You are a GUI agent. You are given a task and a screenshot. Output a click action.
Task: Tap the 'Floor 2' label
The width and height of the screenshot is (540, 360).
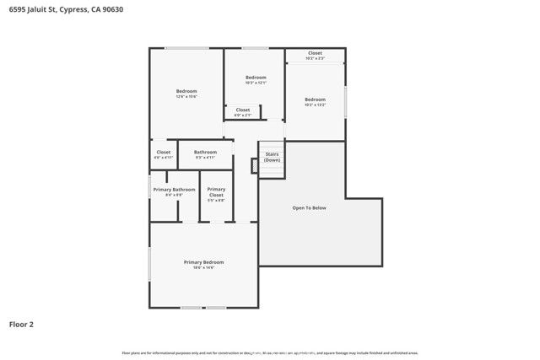(22, 324)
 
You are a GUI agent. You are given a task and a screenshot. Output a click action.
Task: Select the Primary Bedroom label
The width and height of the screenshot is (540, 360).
(203, 262)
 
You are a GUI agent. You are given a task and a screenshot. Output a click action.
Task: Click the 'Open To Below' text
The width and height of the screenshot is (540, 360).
(309, 207)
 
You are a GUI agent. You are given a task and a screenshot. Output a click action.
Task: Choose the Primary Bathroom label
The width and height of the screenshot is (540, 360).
(174, 190)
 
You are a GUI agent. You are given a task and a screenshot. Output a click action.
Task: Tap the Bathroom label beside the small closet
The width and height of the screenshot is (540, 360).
(205, 152)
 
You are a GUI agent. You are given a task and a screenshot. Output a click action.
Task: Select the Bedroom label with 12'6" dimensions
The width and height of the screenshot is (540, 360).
(186, 91)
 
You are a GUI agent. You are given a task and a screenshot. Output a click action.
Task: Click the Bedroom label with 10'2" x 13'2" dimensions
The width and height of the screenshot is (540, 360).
(315, 99)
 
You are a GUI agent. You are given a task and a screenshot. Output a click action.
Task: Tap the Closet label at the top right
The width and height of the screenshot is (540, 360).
(315, 53)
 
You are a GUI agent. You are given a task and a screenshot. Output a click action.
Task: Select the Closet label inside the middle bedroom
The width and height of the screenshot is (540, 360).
(242, 110)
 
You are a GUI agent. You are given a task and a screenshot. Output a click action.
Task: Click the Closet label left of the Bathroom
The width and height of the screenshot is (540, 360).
(163, 152)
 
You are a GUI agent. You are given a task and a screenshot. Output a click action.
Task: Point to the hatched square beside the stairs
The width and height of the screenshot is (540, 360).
(254, 166)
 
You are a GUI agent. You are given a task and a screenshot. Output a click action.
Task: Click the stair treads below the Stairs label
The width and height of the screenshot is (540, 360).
(272, 169)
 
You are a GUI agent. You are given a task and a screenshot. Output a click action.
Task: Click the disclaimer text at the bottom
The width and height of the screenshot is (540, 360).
(270, 352)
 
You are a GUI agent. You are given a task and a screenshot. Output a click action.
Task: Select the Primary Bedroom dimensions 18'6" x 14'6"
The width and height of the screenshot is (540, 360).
(203, 267)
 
